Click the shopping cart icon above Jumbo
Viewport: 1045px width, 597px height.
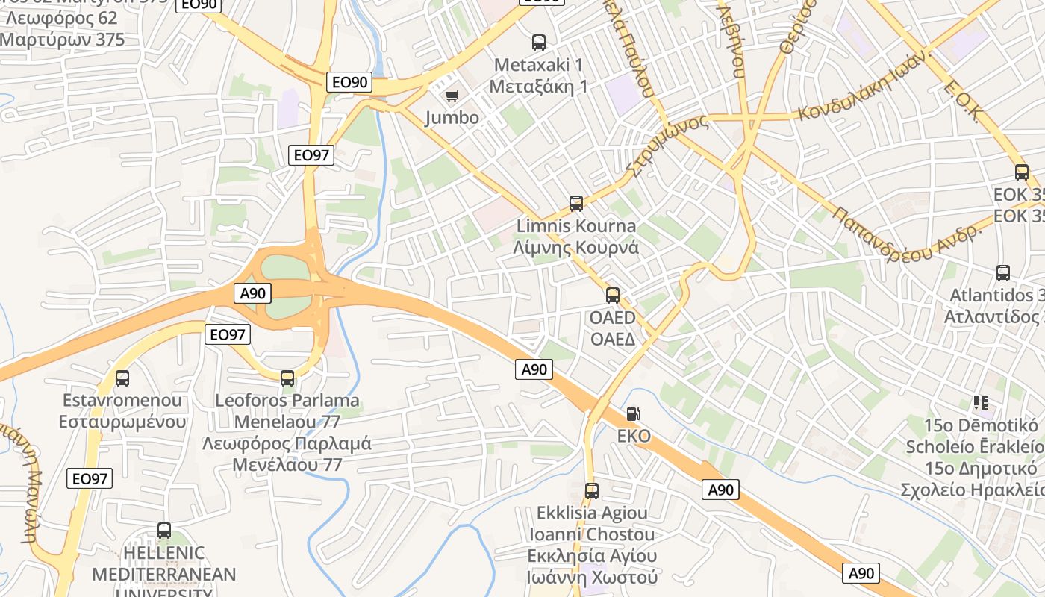click(452, 96)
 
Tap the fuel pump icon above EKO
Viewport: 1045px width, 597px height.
click(633, 413)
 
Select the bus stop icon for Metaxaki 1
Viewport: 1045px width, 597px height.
click(538, 43)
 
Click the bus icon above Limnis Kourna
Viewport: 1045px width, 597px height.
click(575, 204)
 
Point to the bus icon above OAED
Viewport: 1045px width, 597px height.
click(613, 296)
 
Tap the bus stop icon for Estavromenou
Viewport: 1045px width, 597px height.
click(122, 378)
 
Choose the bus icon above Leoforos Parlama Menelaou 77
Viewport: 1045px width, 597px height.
click(287, 378)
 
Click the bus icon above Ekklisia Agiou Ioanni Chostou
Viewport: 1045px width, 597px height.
click(592, 491)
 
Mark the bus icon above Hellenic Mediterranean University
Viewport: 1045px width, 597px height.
click(164, 531)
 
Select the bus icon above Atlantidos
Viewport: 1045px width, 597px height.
click(1003, 273)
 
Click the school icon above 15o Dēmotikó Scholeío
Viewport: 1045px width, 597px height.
click(981, 403)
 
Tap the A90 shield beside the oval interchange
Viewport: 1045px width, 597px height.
click(253, 293)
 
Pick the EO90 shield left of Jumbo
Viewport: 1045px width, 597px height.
click(349, 82)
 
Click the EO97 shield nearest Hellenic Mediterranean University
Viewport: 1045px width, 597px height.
click(90, 478)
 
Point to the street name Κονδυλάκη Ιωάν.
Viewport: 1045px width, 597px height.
click(866, 87)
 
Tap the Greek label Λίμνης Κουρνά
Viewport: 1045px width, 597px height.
click(575, 248)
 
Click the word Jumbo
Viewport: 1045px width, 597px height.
click(452, 117)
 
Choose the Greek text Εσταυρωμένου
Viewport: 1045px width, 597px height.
click(122, 422)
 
